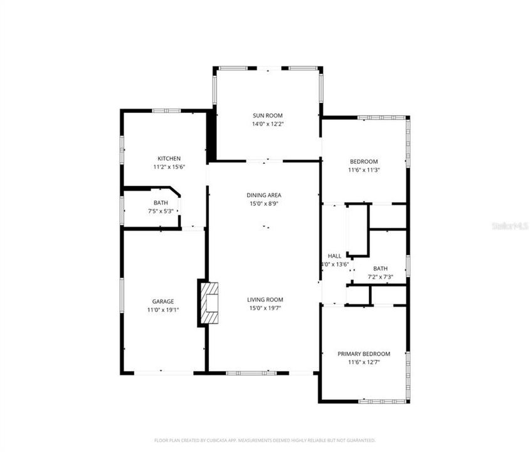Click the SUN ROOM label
click(268, 116)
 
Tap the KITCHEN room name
click(169, 158)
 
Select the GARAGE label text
click(162, 301)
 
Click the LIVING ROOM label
click(265, 299)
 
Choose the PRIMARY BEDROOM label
click(364, 353)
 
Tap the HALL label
click(334, 256)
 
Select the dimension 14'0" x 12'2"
click(268, 124)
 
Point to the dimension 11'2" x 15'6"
click(169, 167)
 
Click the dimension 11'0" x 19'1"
click(162, 310)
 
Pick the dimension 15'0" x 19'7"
click(265, 308)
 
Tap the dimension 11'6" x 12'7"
click(364, 362)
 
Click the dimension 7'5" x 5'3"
click(161, 211)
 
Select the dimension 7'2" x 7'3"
click(381, 277)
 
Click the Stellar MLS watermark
click(510, 225)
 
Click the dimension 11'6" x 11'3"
click(364, 169)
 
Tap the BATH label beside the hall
click(381, 268)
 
